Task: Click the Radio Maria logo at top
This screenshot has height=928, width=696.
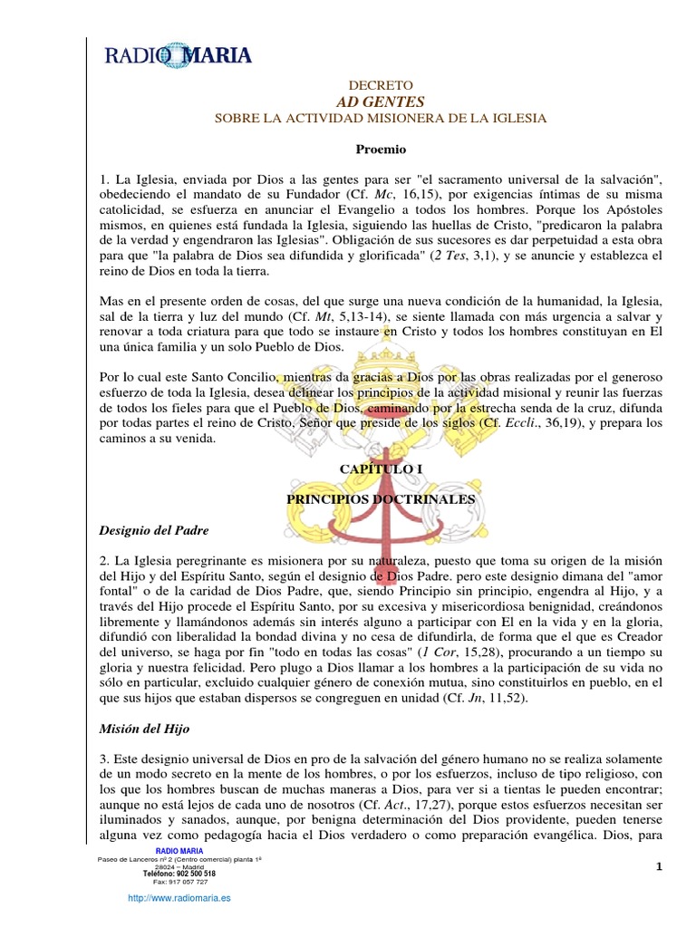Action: pos(179,55)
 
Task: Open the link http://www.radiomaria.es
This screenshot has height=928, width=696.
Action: pos(179,897)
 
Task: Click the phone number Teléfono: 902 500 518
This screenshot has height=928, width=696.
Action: pos(179,874)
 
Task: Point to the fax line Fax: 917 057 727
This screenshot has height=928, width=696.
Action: pos(179,882)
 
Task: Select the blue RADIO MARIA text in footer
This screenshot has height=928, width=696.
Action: pos(179,850)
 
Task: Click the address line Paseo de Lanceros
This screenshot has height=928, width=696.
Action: pos(179,859)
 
